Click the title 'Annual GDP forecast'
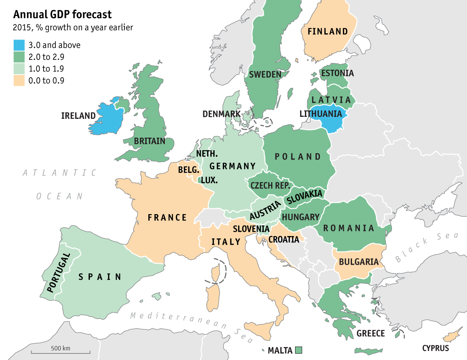[x=62, y=15]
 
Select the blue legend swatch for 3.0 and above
[x=19, y=45]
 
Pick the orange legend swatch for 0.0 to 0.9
[x=19, y=81]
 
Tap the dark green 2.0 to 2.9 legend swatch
[x=19, y=57]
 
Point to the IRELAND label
[x=78, y=116]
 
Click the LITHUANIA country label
[x=321, y=114]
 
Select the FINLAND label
[x=328, y=31]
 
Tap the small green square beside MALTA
[x=299, y=350]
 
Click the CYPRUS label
[x=436, y=348]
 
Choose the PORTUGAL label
[x=58, y=273]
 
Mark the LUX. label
[x=209, y=180]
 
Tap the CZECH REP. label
[x=270, y=185]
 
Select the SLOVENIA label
[x=251, y=229]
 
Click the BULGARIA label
[x=359, y=262]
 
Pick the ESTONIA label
[x=337, y=73]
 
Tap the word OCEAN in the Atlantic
[x=60, y=196]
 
